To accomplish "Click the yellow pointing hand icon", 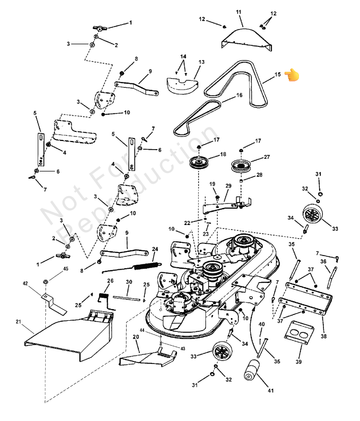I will point(292,75).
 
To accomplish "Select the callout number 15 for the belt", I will point(278,75).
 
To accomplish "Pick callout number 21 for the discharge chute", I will point(18,321).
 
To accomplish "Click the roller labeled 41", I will point(252,371).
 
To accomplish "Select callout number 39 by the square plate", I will point(298,361).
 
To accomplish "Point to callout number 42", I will point(25,283).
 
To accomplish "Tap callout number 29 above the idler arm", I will point(228,186).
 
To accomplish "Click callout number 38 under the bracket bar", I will point(324,335).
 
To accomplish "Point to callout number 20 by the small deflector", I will point(136,336).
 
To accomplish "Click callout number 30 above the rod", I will point(129,282).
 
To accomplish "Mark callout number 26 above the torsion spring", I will point(110,280).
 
